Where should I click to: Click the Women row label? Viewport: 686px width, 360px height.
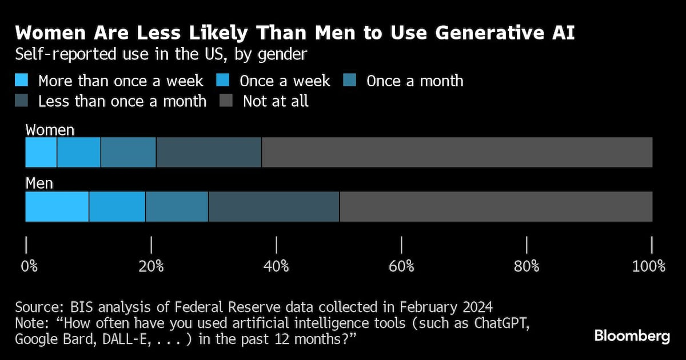(x=50, y=130)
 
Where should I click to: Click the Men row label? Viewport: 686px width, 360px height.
(x=39, y=184)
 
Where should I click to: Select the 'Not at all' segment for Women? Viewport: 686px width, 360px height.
(x=457, y=153)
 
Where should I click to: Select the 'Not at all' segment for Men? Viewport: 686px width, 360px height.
(x=496, y=206)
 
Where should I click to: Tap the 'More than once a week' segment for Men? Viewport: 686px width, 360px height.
(x=57, y=206)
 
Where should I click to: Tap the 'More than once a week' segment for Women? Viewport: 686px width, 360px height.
(x=41, y=153)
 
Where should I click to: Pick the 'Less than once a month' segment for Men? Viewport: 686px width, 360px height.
(x=274, y=206)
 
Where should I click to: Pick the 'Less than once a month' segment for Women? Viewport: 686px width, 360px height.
(x=209, y=153)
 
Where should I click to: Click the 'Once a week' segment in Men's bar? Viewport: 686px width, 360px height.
(x=117, y=206)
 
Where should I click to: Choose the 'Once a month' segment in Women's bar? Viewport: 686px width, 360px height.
(x=128, y=153)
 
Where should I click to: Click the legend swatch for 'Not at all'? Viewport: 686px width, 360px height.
(x=226, y=101)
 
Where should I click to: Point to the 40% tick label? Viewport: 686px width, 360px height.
(x=277, y=266)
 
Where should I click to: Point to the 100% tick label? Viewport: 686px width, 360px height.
(x=648, y=266)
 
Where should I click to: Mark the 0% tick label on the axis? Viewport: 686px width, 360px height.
(x=29, y=266)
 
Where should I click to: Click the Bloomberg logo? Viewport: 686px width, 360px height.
(x=632, y=336)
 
